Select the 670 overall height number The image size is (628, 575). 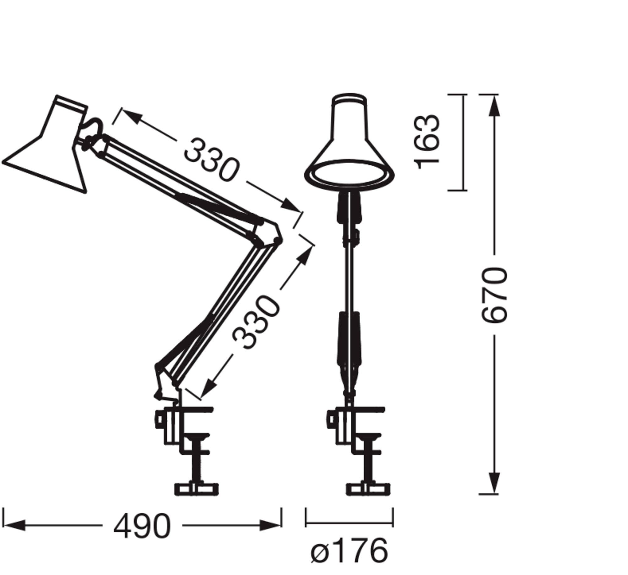(x=494, y=295)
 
